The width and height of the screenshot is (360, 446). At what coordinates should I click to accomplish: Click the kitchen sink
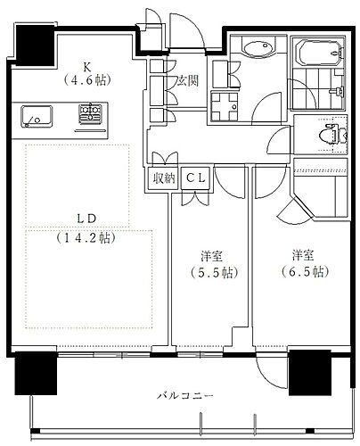coord(37,116)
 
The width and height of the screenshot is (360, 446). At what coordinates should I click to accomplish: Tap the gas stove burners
coord(90,113)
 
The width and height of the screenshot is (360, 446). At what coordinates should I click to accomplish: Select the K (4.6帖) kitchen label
coord(87,74)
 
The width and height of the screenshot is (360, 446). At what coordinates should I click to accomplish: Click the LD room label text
coord(87,219)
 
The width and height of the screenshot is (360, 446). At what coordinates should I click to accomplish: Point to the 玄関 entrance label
coord(187,80)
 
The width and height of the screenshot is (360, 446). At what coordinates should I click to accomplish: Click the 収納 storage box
coord(164,178)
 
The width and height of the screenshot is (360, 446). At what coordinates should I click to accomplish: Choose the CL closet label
coord(196,178)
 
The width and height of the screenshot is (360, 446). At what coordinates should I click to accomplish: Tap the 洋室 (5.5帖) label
coord(213,264)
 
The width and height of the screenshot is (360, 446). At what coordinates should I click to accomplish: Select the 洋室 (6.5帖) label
coord(304,263)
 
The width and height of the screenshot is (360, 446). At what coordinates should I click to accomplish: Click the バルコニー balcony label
coord(185,396)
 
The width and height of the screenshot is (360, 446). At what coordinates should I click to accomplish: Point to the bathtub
coord(321,54)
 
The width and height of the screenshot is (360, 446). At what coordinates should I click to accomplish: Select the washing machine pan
coord(225,107)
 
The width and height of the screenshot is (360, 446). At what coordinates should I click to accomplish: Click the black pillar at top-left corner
coord(35,45)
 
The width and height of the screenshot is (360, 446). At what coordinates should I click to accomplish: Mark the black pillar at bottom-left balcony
coord(36,373)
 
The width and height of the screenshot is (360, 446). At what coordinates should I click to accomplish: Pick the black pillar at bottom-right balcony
coord(310,373)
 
